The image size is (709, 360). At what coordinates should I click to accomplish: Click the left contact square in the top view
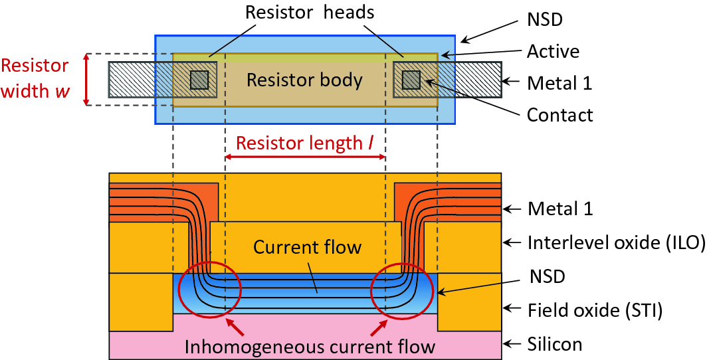(x=199, y=80)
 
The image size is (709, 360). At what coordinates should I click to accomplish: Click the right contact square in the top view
(x=411, y=79)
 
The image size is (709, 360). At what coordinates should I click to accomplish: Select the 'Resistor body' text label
(x=304, y=80)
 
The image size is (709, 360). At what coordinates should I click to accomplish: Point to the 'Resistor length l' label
(x=305, y=143)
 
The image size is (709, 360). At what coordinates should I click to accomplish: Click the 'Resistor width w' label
(x=35, y=78)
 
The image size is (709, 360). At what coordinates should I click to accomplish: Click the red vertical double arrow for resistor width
(x=86, y=80)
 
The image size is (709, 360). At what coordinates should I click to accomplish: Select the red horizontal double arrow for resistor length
(x=305, y=157)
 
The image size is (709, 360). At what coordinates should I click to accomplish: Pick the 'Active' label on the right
(x=553, y=51)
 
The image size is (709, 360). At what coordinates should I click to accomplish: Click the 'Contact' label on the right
(x=559, y=115)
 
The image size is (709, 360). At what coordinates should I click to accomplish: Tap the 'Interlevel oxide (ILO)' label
(x=615, y=242)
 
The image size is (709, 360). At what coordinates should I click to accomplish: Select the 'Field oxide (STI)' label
(x=595, y=309)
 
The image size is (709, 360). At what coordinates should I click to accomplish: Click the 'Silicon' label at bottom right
(x=554, y=343)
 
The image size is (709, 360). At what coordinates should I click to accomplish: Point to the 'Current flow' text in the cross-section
(x=307, y=248)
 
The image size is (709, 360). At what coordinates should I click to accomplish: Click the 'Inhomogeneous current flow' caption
(x=309, y=346)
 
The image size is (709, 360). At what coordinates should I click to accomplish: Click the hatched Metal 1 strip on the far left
(x=131, y=80)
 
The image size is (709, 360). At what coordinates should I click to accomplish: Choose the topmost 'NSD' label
(x=545, y=19)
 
